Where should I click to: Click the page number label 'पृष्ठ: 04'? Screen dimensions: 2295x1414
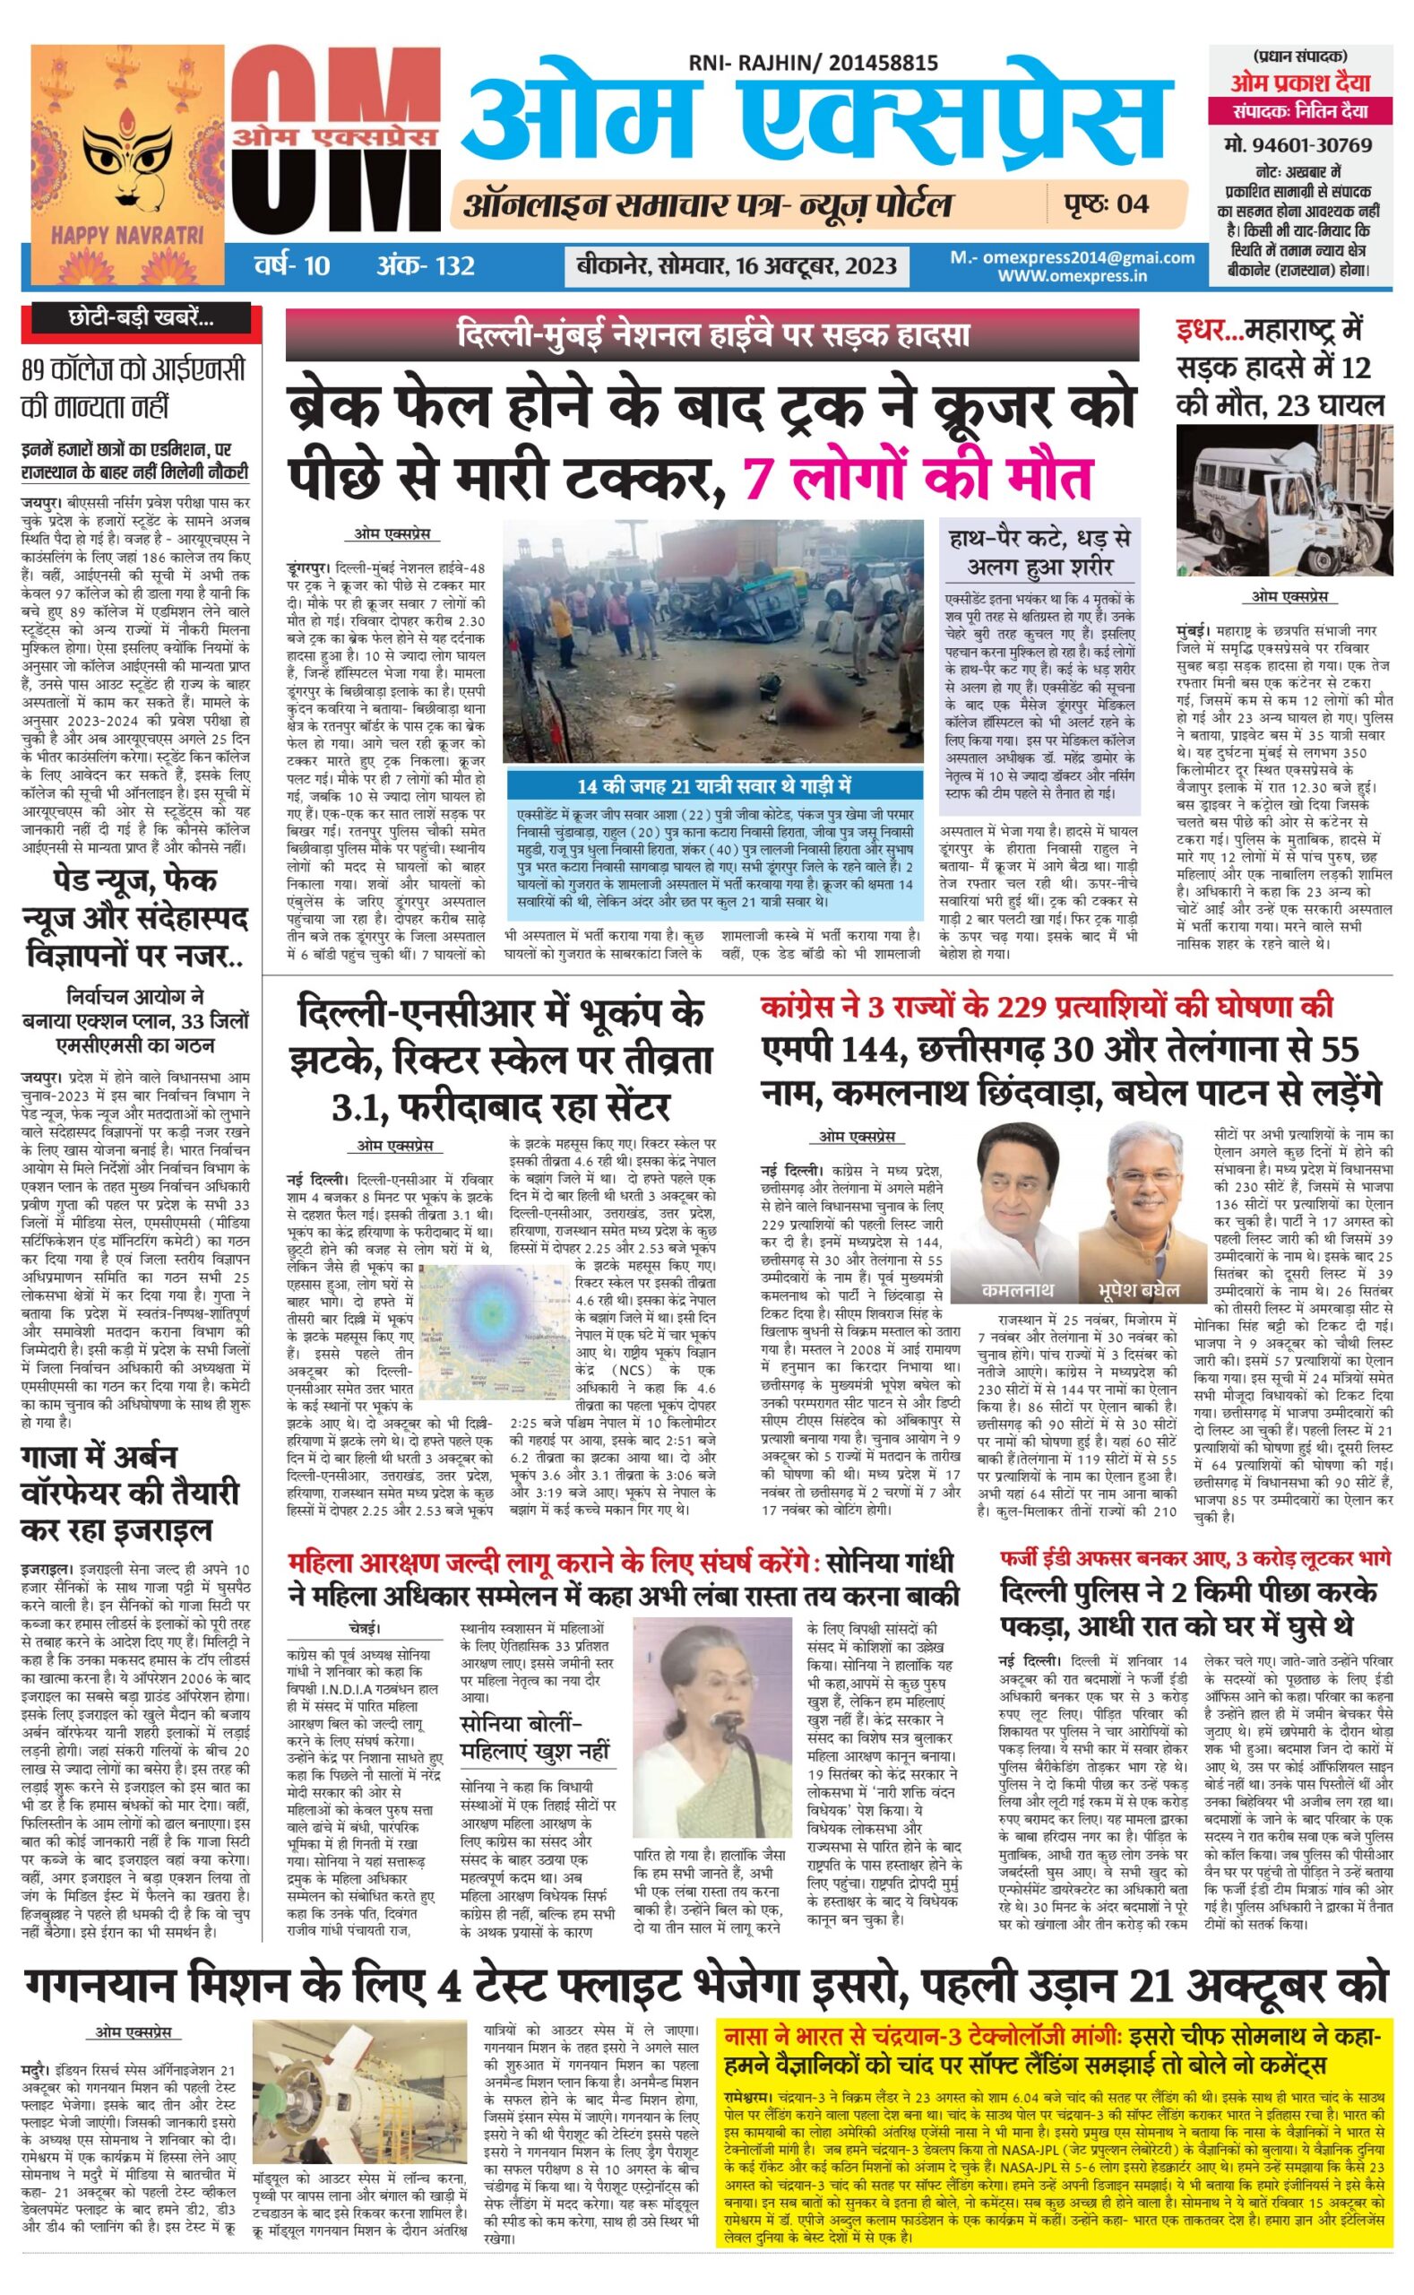pos(1106,204)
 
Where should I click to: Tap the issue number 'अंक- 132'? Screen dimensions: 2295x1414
pos(425,265)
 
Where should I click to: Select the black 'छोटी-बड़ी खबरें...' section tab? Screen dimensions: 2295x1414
pos(142,319)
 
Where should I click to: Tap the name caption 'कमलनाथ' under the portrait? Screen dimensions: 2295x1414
pos(1016,1289)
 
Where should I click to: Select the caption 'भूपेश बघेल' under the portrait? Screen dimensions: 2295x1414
pos(1139,1289)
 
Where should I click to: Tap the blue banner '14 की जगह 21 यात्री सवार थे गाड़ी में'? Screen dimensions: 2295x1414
pos(711,785)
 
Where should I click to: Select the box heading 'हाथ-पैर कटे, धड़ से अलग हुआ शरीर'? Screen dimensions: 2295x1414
pos(1038,553)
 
